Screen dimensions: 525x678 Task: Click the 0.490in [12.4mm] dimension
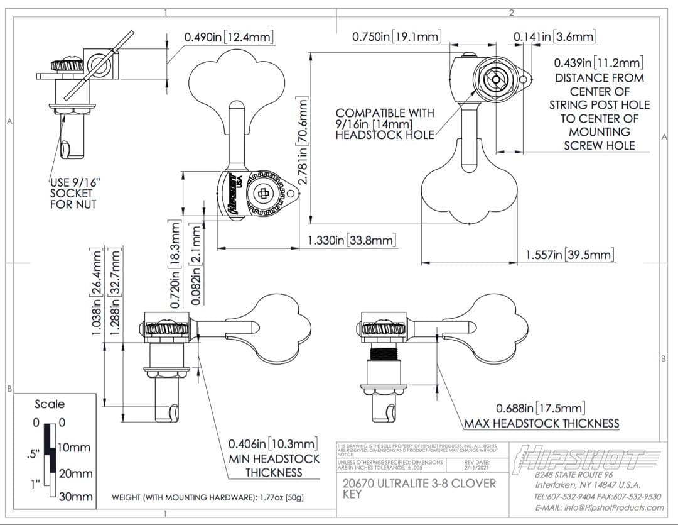click(x=229, y=37)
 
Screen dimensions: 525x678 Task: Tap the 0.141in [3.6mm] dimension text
click(x=555, y=37)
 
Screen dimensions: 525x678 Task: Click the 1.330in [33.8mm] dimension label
click(x=352, y=240)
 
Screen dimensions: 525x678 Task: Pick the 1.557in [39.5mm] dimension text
click(x=569, y=255)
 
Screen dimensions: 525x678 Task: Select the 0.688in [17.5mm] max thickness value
click(x=541, y=408)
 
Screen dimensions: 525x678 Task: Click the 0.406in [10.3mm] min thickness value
click(x=273, y=444)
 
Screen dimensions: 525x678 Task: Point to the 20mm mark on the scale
click(x=75, y=473)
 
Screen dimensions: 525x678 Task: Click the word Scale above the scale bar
click(x=50, y=404)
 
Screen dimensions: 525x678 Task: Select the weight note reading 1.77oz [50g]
click(x=208, y=497)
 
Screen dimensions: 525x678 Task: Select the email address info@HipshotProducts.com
click(x=599, y=507)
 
